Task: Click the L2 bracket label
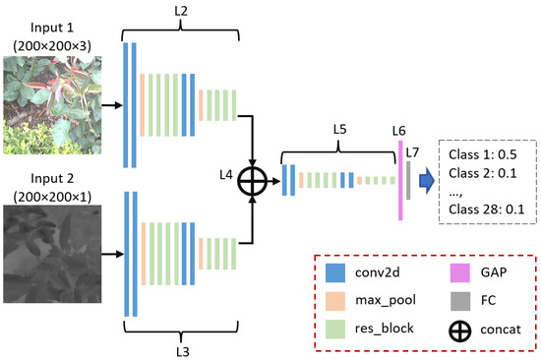[183, 11]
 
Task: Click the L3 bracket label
[183, 347]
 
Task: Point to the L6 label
[398, 130]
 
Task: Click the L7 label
[412, 152]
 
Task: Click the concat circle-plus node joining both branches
[256, 181]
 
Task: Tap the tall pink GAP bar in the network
[399, 180]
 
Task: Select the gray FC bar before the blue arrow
[407, 180]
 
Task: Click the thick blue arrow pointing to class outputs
[424, 181]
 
